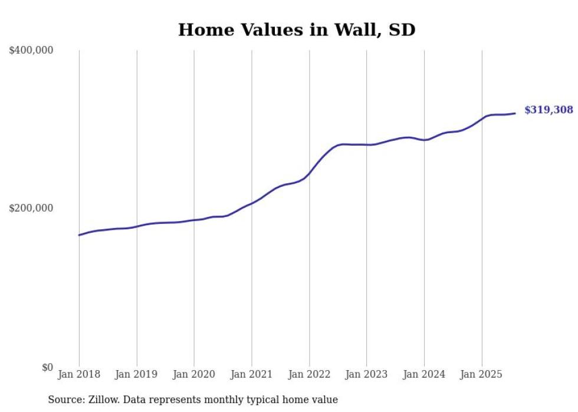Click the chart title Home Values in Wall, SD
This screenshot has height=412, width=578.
297,29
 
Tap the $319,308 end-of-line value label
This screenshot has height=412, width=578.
548,110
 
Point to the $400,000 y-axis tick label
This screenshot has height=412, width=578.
31,51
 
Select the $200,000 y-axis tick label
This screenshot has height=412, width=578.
31,208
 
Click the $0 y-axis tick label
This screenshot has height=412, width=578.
47,367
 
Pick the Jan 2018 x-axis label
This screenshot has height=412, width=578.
79,374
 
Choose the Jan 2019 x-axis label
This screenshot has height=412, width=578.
137,374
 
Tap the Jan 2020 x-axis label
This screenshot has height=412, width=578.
194,374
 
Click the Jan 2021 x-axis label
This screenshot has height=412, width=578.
252,374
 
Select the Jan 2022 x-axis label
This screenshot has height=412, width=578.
309,374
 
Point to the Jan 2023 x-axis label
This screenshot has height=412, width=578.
366,374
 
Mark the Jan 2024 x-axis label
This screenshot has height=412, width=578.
424,374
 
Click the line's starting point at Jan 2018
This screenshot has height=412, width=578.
79,235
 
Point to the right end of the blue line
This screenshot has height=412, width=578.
515,113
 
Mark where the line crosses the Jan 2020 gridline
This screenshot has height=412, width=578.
194,220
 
